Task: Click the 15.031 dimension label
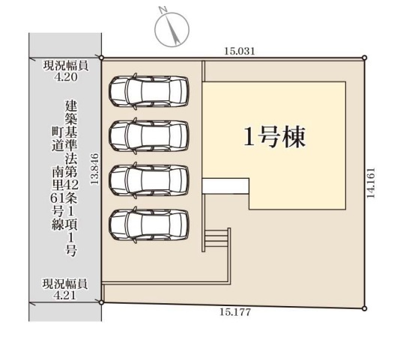click(240, 52)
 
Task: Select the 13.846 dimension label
click(94, 169)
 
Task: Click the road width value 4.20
click(65, 76)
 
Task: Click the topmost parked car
click(148, 91)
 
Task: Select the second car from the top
click(148, 135)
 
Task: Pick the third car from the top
click(148, 180)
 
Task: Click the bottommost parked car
click(148, 224)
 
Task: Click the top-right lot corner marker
click(364, 58)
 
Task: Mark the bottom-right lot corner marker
click(364, 308)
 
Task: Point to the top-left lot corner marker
click(102, 58)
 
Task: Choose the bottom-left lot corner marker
click(102, 302)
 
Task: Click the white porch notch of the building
click(225, 186)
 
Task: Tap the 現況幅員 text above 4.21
click(65, 284)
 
